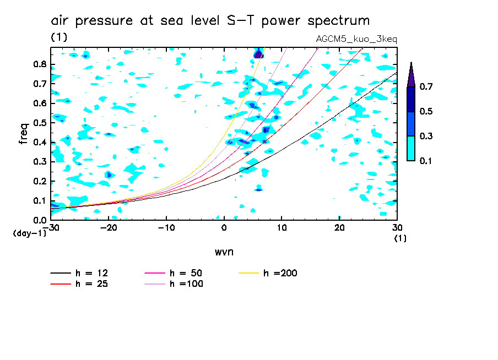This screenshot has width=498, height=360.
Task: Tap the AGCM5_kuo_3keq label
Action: [x=356, y=39]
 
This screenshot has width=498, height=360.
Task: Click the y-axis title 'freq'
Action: [x=24, y=133]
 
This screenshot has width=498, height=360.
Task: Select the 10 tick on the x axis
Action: [x=282, y=228]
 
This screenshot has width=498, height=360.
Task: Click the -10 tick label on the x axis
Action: [x=166, y=228]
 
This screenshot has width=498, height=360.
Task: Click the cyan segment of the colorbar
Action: [x=411, y=148]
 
